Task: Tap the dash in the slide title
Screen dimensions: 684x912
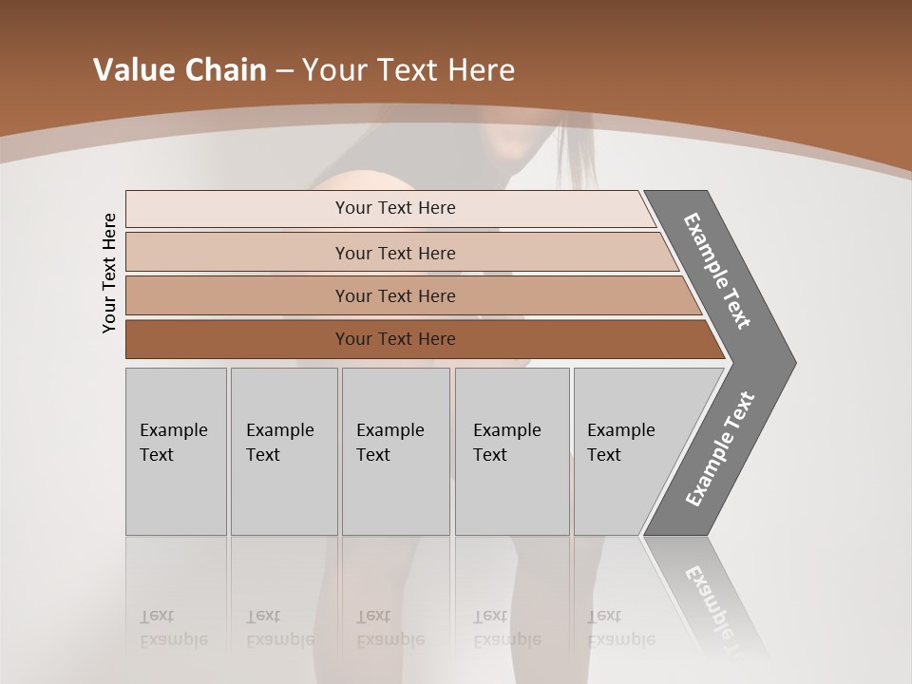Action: [284, 71]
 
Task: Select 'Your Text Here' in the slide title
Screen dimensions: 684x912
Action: [408, 70]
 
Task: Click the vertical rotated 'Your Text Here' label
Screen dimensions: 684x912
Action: [109, 273]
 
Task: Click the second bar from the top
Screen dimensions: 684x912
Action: [394, 253]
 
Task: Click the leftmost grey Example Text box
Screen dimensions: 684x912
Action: [176, 450]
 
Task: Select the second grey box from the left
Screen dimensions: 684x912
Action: [284, 450]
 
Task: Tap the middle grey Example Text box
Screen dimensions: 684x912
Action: [395, 450]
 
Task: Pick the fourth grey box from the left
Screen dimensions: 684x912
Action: [512, 450]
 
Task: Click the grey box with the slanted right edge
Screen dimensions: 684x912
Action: [627, 450]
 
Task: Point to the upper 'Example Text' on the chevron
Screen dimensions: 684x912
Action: [717, 271]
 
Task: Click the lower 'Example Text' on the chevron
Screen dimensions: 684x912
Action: [719, 448]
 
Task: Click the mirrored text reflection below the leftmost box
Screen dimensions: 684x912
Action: [174, 628]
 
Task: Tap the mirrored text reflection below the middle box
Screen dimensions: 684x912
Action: [390, 628]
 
